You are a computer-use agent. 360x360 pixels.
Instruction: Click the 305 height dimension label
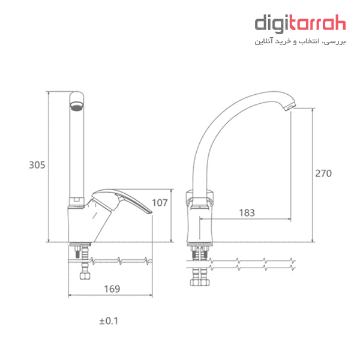click(37, 165)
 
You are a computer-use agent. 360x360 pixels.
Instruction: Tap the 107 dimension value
click(160, 203)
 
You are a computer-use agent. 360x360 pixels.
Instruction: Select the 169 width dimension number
click(112, 289)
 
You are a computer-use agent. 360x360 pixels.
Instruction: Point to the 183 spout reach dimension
click(247, 213)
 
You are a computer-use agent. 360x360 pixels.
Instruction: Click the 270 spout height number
click(323, 173)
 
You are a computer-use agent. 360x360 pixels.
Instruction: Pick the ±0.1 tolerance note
click(109, 321)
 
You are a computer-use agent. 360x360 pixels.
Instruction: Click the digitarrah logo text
click(300, 24)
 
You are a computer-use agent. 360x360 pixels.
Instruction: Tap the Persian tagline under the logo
click(300, 41)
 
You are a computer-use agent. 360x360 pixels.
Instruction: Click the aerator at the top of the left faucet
click(77, 106)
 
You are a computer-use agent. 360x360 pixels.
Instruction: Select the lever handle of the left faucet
click(122, 200)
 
